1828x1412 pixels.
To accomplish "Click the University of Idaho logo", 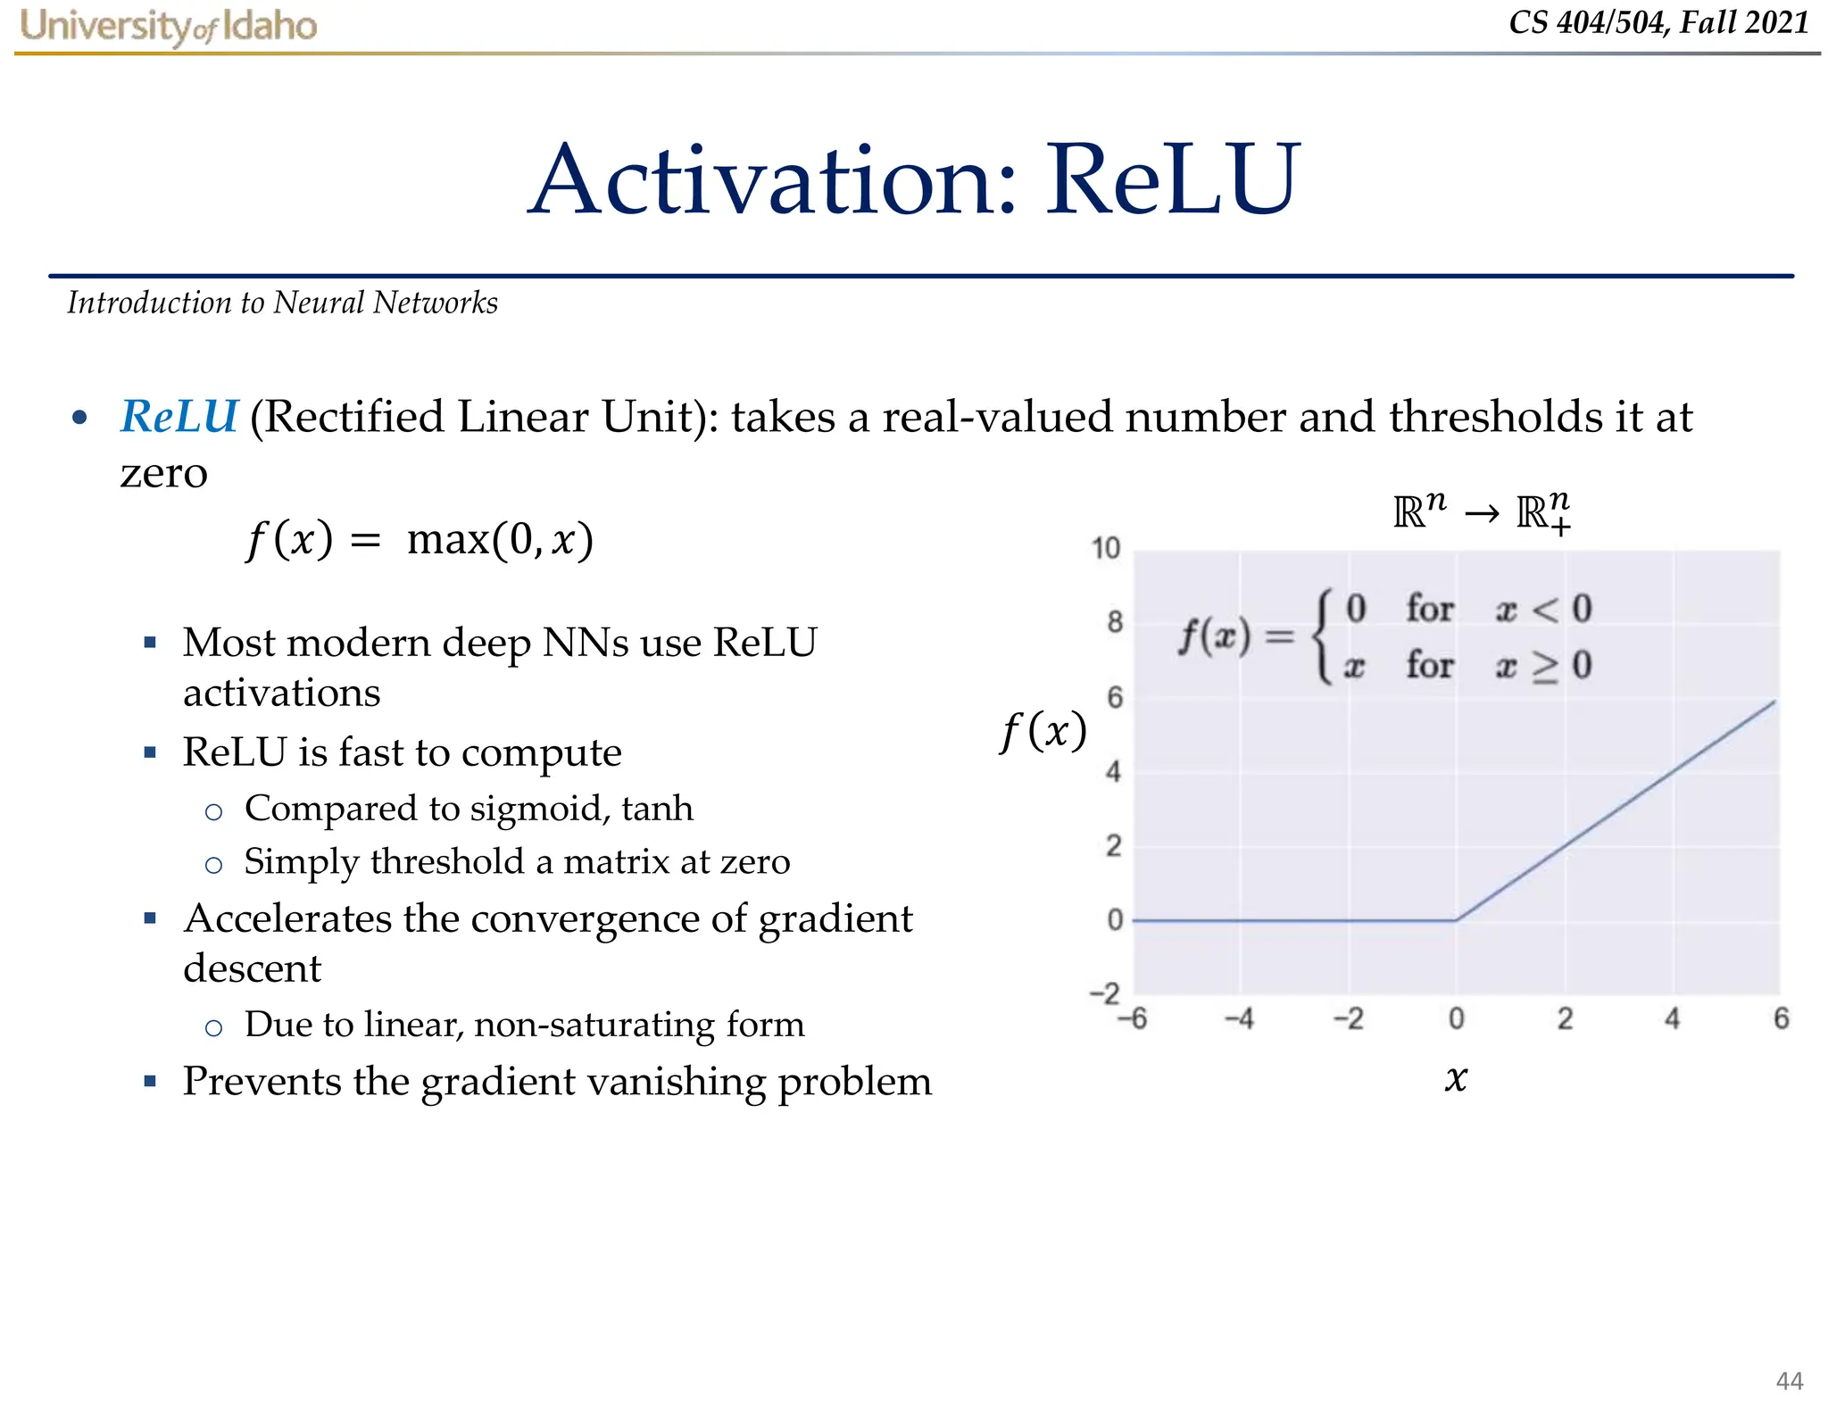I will [x=169, y=26].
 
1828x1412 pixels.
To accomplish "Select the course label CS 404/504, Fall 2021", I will [x=1658, y=22].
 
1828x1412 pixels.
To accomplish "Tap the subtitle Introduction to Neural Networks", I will [x=282, y=303].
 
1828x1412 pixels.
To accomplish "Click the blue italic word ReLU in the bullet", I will [x=179, y=417].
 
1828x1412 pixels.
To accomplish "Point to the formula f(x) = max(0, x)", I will [x=420, y=540].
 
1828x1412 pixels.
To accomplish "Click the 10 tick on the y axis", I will [x=1105, y=548].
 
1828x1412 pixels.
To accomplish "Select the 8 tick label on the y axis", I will [x=1114, y=622].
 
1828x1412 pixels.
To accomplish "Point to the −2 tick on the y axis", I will [x=1105, y=993].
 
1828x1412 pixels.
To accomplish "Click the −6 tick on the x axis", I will [x=1133, y=1018].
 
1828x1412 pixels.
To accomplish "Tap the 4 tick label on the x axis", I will [x=1672, y=1018].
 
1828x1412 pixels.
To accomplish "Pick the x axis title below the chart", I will [x=1456, y=1079].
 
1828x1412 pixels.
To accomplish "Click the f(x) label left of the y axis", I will [x=1043, y=732].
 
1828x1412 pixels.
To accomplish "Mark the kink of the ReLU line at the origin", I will [x=1456, y=919].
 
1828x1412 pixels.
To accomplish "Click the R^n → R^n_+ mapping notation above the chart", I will [x=1482, y=513].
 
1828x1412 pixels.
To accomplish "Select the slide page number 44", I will [x=1789, y=1381].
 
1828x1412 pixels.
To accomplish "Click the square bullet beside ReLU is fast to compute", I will [x=150, y=752].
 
